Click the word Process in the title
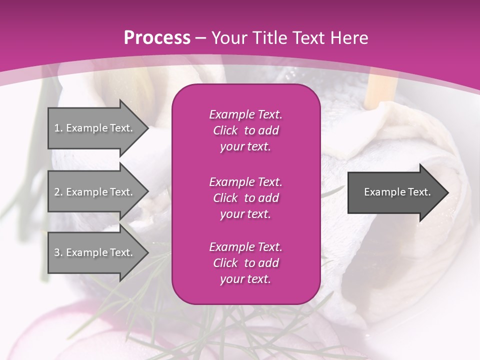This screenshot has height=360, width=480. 157,38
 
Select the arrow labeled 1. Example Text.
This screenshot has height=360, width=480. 95,128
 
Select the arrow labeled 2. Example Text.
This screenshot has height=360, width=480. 95,192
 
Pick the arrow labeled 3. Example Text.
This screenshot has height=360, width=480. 95,252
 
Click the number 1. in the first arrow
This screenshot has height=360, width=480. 58,128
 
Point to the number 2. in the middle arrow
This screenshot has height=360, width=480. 58,192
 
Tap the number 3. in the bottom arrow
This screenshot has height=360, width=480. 58,252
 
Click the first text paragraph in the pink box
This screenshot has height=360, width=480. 245,130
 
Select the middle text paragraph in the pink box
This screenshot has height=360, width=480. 245,197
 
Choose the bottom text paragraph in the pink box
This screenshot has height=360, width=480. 245,262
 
